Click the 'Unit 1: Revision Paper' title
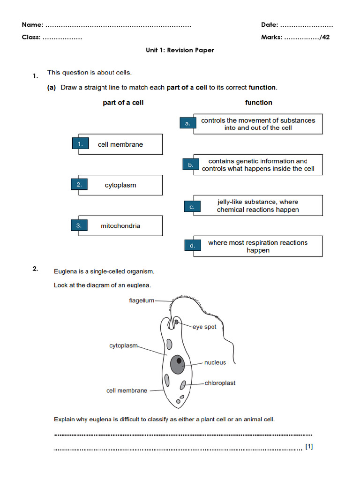click(x=180, y=50)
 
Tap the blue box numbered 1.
click(x=81, y=144)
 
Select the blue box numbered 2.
click(x=79, y=185)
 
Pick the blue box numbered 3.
click(x=79, y=225)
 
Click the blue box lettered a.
click(x=188, y=123)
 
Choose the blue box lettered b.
click(x=191, y=165)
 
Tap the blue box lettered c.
click(x=192, y=206)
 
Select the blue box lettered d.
click(x=192, y=246)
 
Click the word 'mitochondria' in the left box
click(x=120, y=226)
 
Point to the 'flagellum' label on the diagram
click(x=142, y=300)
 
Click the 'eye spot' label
click(x=204, y=327)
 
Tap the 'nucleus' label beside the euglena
click(x=215, y=362)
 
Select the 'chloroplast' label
click(x=220, y=383)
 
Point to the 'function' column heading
click(x=258, y=103)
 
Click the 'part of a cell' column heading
click(x=123, y=103)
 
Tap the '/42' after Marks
click(x=324, y=37)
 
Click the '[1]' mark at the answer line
click(x=309, y=446)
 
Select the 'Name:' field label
click(x=33, y=25)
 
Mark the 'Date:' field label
click(x=270, y=25)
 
